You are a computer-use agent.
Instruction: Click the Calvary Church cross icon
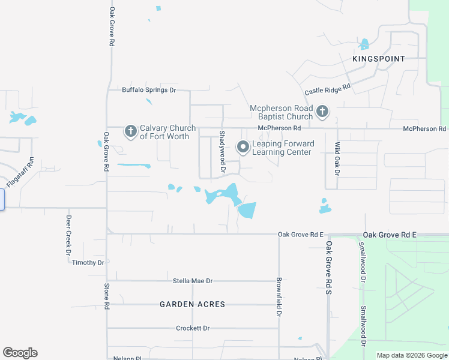click(x=130, y=130)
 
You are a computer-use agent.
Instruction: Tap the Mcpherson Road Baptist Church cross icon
click(x=322, y=111)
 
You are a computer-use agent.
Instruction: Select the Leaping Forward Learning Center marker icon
click(x=243, y=147)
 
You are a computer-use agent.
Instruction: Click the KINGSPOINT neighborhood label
click(x=379, y=59)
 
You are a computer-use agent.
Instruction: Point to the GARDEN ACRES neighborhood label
click(x=193, y=304)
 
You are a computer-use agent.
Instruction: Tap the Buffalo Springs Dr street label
click(x=149, y=90)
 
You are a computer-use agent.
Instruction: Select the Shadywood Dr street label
click(x=222, y=153)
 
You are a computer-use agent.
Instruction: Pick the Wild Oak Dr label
click(x=337, y=158)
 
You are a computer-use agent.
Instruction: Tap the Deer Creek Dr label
click(x=68, y=235)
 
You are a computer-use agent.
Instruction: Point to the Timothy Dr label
click(x=88, y=263)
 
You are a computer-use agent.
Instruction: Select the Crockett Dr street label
click(x=193, y=328)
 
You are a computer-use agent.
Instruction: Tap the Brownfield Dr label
click(x=279, y=297)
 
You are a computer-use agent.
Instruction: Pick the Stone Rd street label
click(x=106, y=296)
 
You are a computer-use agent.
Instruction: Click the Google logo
click(x=20, y=353)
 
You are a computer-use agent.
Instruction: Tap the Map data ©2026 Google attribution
click(x=411, y=355)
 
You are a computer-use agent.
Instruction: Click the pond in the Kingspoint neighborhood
click(x=363, y=44)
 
